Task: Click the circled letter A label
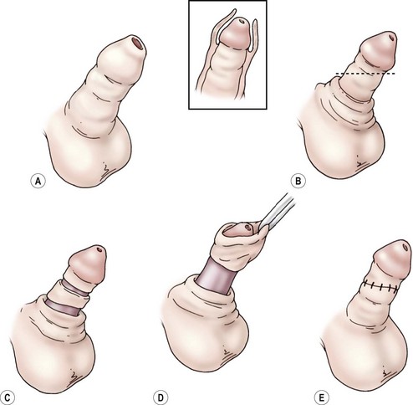pos(38,182)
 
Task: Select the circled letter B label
pos(298,182)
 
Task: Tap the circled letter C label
pos(8,397)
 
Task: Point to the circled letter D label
pos(161,397)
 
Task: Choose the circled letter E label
pos(321,397)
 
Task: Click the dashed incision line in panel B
pos(365,74)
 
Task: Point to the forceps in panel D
pos(276,211)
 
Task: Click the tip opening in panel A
pos(138,44)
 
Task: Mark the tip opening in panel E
pos(405,246)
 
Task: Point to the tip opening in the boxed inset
pos(242,21)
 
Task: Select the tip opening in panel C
pos(98,249)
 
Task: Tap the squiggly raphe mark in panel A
pos(105,169)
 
